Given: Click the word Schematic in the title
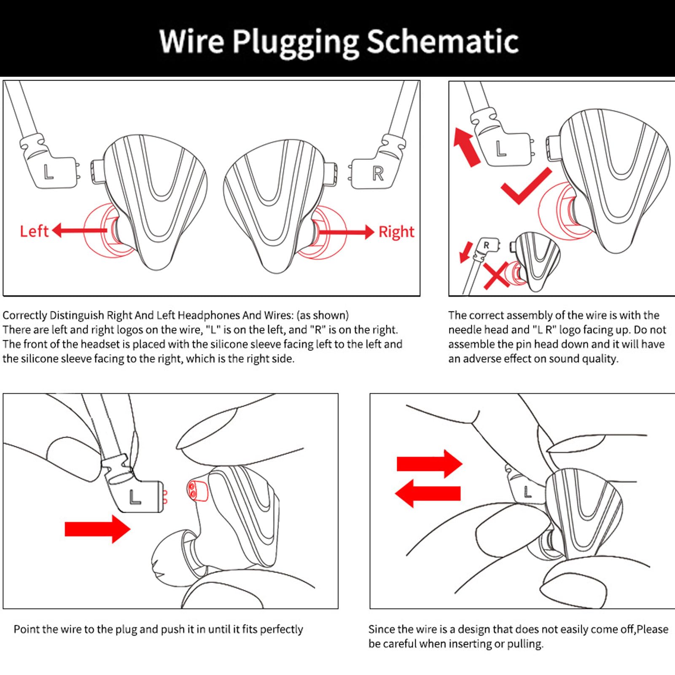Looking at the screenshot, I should (x=442, y=41).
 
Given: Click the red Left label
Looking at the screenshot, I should (x=34, y=231).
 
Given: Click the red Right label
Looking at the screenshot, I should (x=396, y=232).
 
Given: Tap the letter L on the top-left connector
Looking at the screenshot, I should (x=48, y=172).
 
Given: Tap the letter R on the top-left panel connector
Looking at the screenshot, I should (x=377, y=173).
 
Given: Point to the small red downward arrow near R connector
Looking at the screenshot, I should (x=465, y=252).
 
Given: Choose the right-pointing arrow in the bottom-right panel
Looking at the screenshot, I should (x=429, y=464).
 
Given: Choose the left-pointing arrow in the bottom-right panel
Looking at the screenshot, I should (x=428, y=494).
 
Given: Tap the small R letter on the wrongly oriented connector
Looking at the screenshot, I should (x=487, y=245).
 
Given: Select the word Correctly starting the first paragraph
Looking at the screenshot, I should (x=24, y=315).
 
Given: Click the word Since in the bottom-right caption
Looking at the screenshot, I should (x=381, y=629).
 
